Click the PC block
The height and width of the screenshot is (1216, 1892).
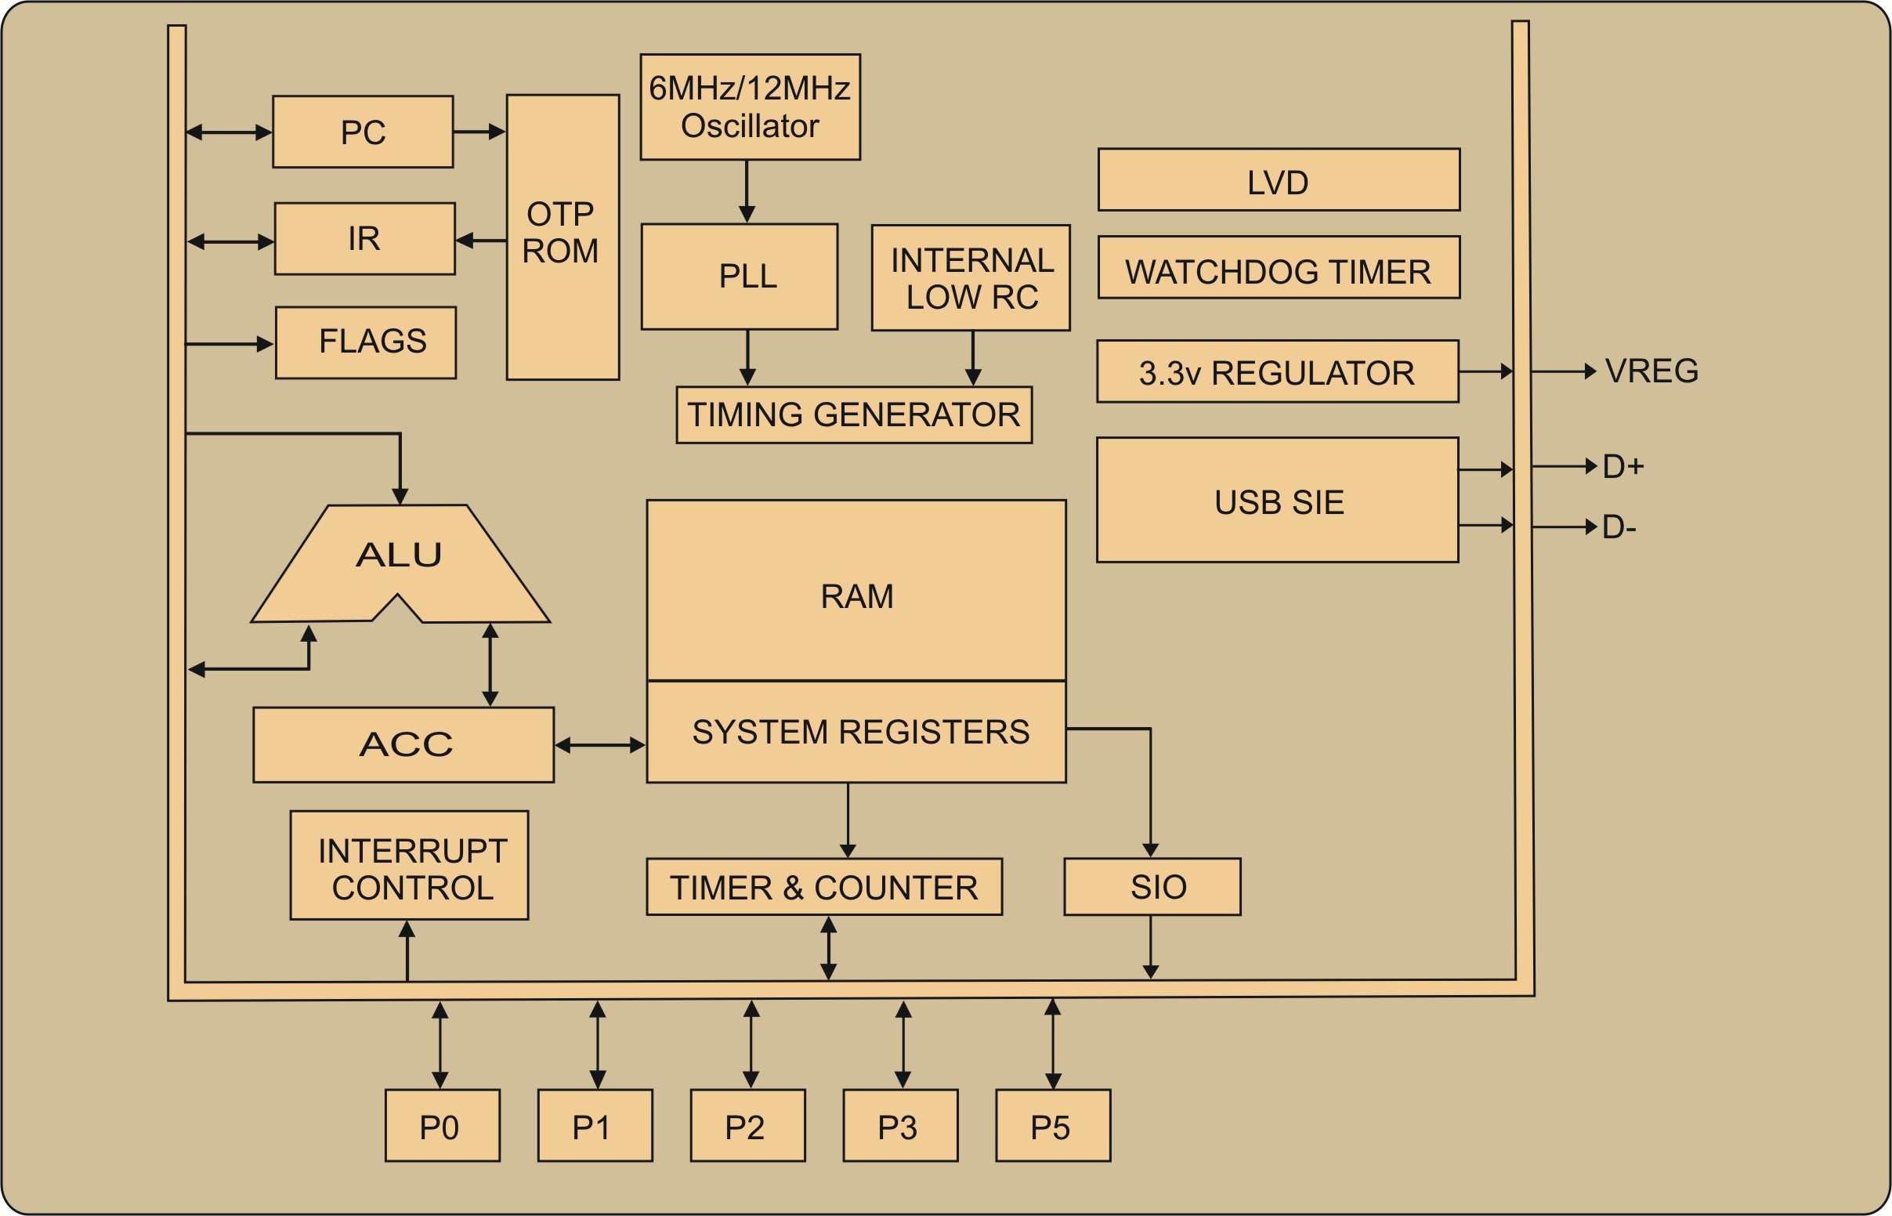pyautogui.click(x=362, y=132)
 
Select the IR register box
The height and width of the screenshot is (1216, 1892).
pyautogui.click(x=364, y=238)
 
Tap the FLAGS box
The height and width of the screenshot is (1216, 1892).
pyautogui.click(x=365, y=342)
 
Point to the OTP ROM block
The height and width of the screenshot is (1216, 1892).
pyautogui.click(x=562, y=237)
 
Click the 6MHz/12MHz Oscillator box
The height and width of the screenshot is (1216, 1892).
pyautogui.click(x=750, y=107)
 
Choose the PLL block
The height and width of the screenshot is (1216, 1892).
pyautogui.click(x=739, y=277)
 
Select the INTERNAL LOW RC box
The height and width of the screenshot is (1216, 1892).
pyautogui.click(x=970, y=278)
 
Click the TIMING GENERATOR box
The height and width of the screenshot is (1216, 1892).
pyautogui.click(x=853, y=414)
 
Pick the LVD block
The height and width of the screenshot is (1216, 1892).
pyautogui.click(x=1278, y=180)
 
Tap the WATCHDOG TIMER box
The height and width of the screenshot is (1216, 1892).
pyautogui.click(x=1278, y=268)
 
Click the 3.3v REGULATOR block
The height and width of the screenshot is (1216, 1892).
pyautogui.click(x=1277, y=371)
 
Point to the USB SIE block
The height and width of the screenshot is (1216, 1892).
pyautogui.click(x=1277, y=500)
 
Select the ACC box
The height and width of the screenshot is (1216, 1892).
pyautogui.click(x=403, y=744)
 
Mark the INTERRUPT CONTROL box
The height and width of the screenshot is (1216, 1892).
pyautogui.click(x=409, y=866)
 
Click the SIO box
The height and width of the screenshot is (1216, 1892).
pyautogui.click(x=1152, y=887)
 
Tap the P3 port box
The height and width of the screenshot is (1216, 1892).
pyautogui.click(x=900, y=1125)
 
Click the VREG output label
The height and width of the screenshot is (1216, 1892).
pyautogui.click(x=1651, y=371)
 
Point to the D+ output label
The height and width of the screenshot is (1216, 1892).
pyautogui.click(x=1622, y=467)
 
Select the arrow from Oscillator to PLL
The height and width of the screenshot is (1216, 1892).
pyautogui.click(x=747, y=191)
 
